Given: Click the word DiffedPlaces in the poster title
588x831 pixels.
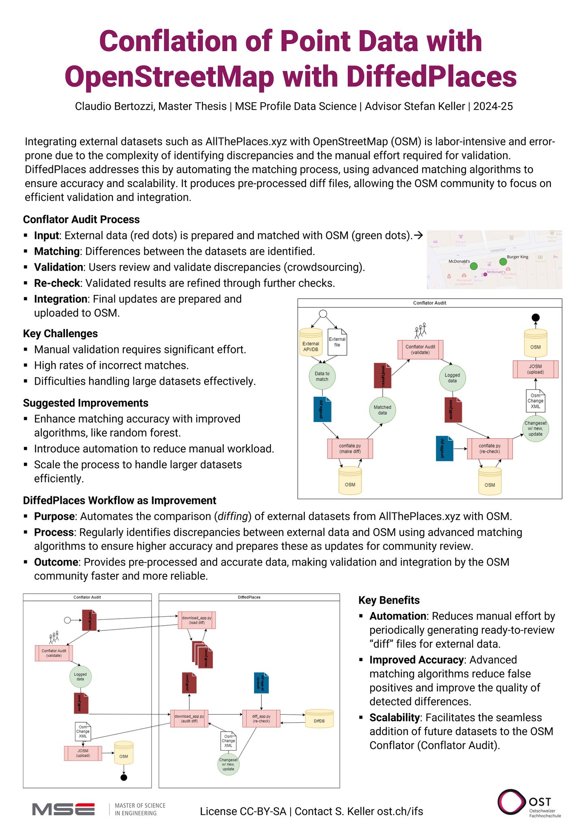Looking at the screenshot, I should pyautogui.click(x=432, y=77).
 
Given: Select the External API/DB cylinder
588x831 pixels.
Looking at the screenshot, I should pyautogui.click(x=310, y=343).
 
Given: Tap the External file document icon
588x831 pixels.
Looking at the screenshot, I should pyautogui.click(x=337, y=342).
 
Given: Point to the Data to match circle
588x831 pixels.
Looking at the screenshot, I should pyautogui.click(x=322, y=377).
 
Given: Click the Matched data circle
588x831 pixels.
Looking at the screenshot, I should pyautogui.click(x=382, y=410).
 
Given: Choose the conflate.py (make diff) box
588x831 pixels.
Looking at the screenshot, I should pyautogui.click(x=350, y=448).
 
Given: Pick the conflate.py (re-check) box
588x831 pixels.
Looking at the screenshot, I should pyautogui.click(x=489, y=448).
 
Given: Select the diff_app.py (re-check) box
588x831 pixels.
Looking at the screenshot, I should pyautogui.click(x=261, y=719).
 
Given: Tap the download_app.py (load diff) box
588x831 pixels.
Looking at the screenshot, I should pyautogui.click(x=197, y=620).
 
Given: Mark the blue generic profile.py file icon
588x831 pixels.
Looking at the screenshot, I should pyautogui.click(x=261, y=683).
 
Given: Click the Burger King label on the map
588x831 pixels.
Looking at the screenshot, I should pyautogui.click(x=517, y=257).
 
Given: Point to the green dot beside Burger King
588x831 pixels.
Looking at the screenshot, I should pyautogui.click(x=503, y=262).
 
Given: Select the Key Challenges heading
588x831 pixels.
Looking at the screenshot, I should pyautogui.click(x=60, y=334).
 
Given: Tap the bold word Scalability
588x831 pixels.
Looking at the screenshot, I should pyautogui.click(x=394, y=717).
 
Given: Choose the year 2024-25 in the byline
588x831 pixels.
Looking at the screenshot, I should pyautogui.click(x=493, y=106).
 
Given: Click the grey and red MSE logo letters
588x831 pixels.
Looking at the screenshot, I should pyautogui.click(x=64, y=809).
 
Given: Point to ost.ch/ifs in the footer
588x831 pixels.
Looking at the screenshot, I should pyautogui.click(x=400, y=811).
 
